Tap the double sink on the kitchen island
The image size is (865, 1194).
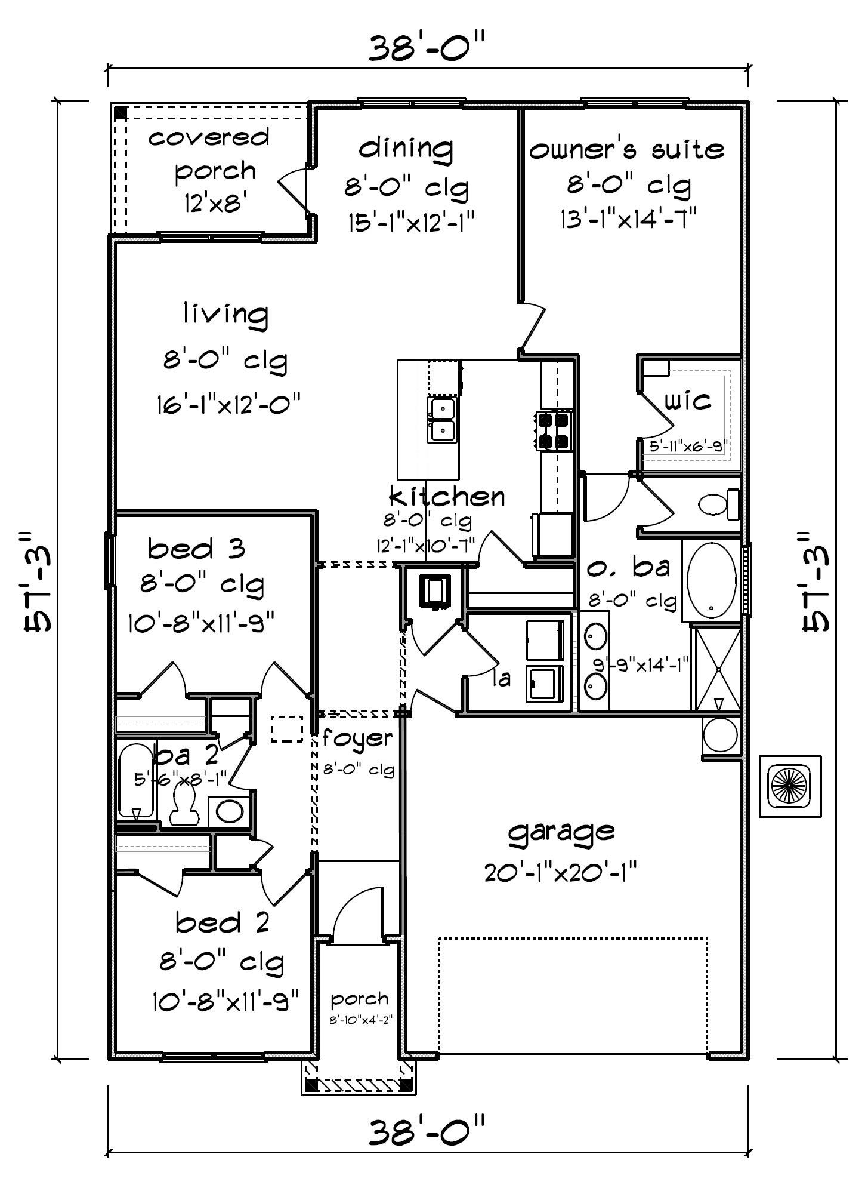tap(442, 420)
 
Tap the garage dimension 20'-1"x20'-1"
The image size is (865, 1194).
tap(561, 873)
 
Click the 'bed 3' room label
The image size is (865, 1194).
tap(196, 548)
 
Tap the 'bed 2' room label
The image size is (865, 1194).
tap(223, 922)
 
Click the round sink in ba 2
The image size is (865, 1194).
tap(229, 811)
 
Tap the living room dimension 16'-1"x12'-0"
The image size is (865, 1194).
tap(228, 404)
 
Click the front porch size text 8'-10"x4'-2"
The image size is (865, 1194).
tap(360, 1020)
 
